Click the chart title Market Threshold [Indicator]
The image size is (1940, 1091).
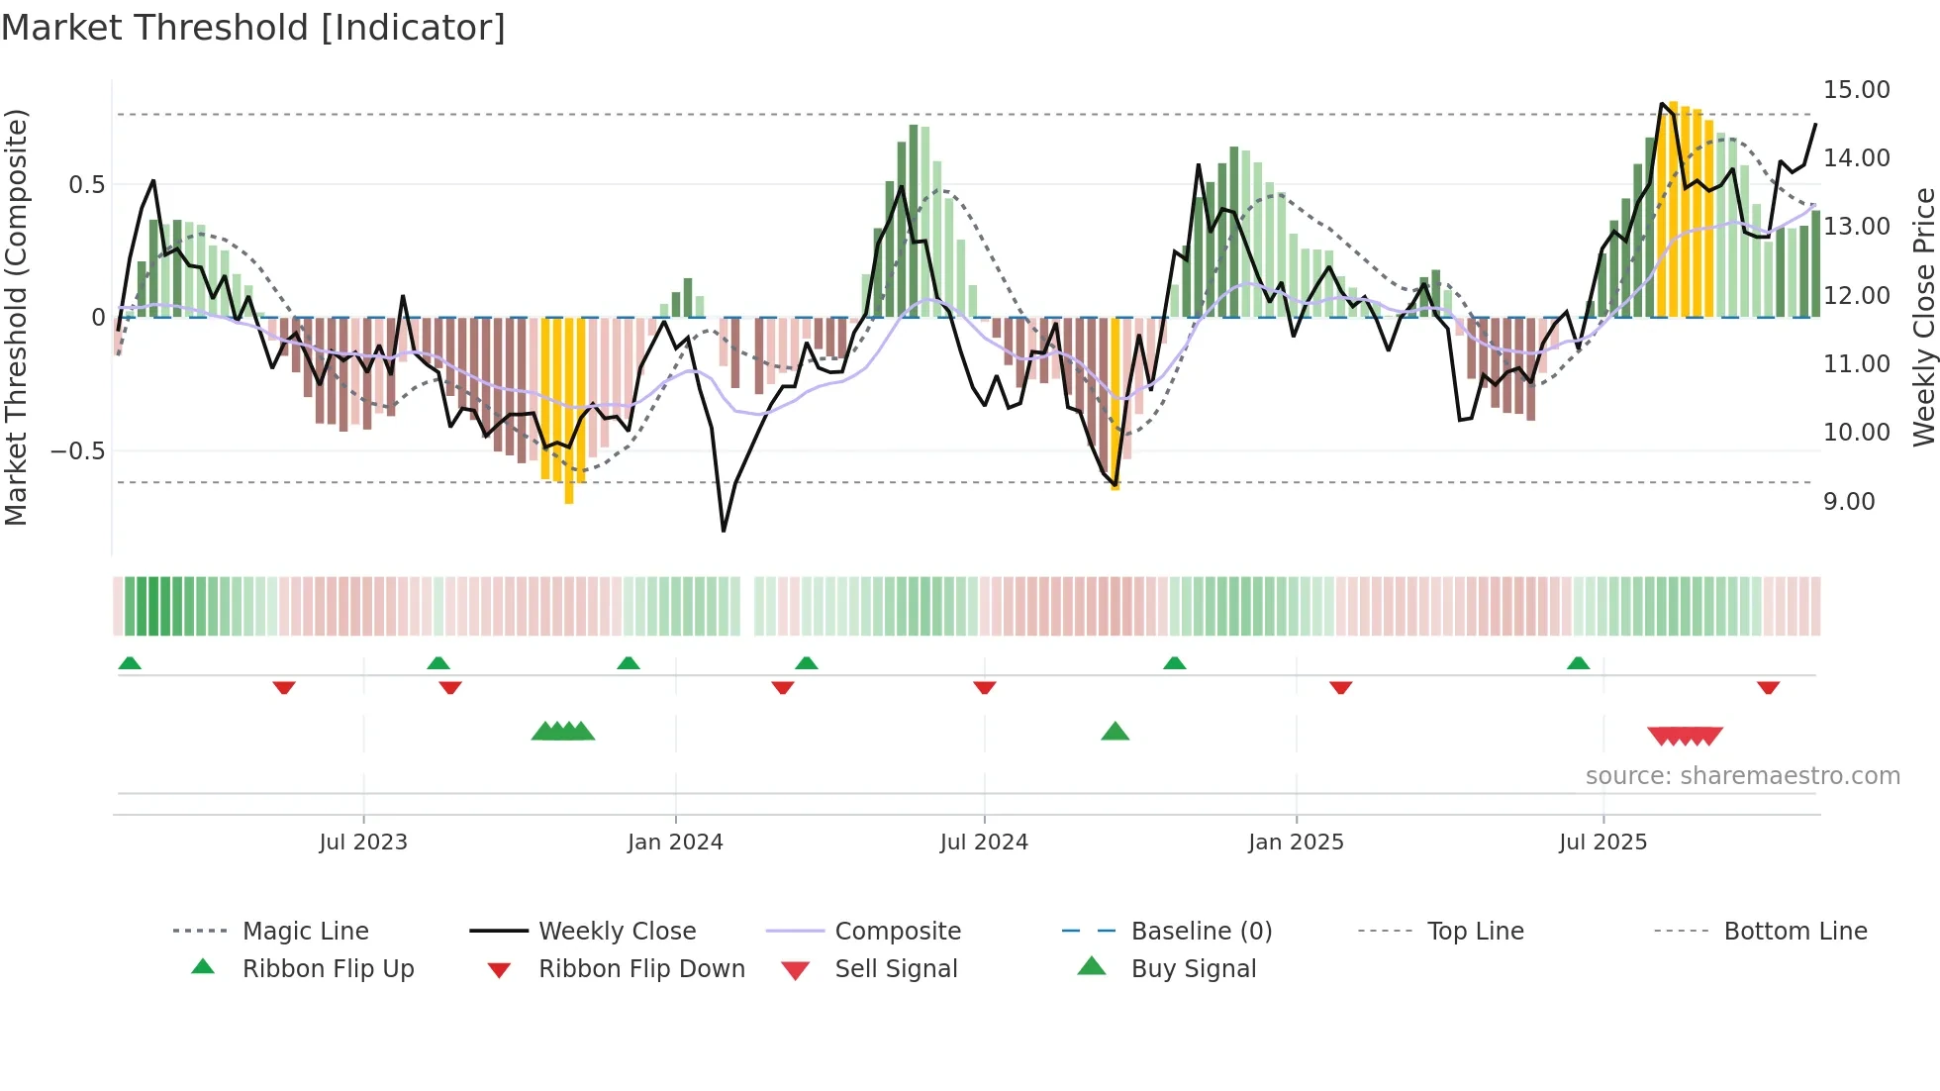253,28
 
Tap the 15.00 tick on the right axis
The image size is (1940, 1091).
1856,90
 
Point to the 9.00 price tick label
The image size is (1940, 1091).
1849,502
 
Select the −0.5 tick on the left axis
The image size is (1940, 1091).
77,451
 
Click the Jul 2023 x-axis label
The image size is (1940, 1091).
362,843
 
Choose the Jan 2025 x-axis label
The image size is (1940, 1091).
1296,843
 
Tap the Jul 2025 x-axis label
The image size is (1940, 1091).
1602,843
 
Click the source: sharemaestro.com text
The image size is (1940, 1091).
1742,776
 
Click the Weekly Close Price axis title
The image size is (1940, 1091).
1923,317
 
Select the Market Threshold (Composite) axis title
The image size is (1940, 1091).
16,317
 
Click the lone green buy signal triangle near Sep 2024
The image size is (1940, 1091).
1115,732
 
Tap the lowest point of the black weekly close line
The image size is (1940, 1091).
724,531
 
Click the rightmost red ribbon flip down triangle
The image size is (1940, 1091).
1768,687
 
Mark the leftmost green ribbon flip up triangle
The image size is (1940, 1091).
130,663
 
